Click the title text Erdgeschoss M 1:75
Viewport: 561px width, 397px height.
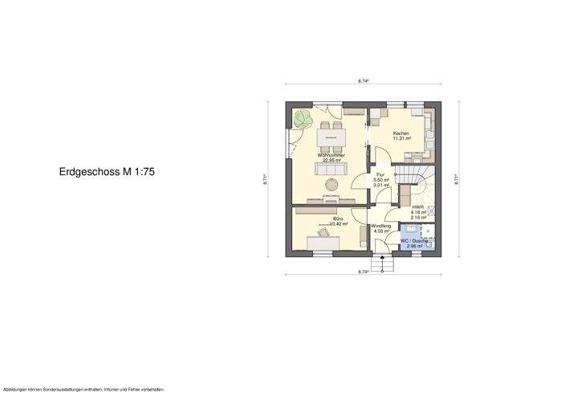pos(107,172)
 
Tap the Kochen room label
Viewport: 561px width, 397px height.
pos(400,133)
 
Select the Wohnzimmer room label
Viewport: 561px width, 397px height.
pos(331,155)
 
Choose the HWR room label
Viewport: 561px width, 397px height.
pos(417,207)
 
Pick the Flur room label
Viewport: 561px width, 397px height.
pos(381,174)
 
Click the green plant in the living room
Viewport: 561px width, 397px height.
pos(303,121)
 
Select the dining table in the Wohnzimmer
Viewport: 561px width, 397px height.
pos(331,137)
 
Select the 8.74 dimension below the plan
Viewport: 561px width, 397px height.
pos(363,272)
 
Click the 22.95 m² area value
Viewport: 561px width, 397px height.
pos(331,160)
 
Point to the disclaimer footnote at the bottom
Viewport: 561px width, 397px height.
pos(84,389)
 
